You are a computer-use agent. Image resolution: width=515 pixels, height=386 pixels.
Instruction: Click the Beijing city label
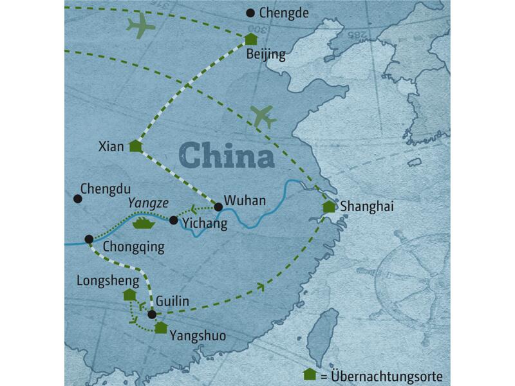[266, 55]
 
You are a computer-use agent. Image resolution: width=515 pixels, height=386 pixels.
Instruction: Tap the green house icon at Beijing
[251, 39]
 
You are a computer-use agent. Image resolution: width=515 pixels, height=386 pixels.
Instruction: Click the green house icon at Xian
[135, 146]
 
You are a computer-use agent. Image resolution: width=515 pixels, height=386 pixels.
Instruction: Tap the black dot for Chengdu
[78, 199]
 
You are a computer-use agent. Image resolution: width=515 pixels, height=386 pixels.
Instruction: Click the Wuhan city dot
[218, 207]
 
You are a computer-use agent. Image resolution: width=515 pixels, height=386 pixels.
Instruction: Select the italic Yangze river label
[148, 203]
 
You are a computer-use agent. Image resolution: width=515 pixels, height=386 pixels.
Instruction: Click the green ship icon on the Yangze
[142, 223]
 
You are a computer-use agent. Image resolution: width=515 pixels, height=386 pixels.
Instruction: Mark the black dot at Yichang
[173, 220]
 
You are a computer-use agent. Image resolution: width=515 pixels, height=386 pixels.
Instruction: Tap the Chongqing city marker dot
[89, 239]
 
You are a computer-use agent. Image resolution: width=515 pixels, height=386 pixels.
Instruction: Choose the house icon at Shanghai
[329, 207]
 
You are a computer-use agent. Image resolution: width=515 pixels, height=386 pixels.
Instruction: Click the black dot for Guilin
[152, 315]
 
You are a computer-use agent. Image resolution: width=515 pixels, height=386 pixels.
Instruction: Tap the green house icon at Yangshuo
[161, 327]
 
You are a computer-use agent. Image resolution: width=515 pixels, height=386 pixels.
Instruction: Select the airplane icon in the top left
[142, 26]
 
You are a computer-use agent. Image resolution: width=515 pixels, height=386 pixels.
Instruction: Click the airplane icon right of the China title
[264, 116]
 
